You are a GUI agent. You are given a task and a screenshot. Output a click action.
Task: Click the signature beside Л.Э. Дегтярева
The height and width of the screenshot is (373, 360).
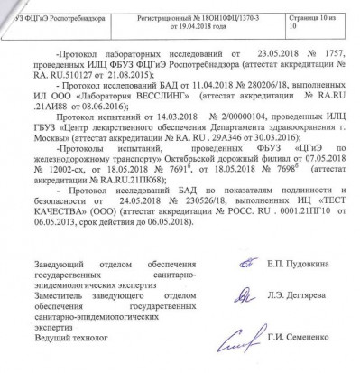click(x=214, y=295)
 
